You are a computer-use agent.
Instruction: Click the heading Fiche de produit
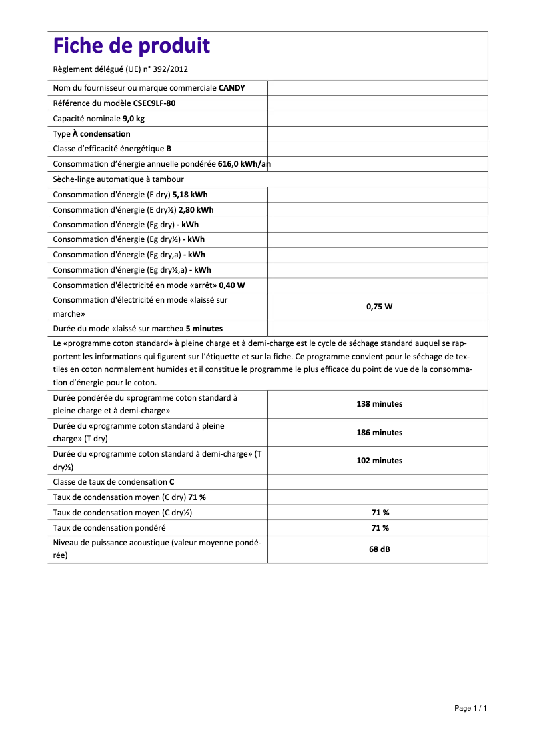(131, 46)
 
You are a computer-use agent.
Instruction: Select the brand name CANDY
(231, 88)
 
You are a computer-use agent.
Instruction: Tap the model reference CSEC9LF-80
(155, 103)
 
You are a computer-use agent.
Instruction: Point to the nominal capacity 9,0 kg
(133, 119)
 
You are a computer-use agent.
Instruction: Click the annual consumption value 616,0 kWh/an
(244, 164)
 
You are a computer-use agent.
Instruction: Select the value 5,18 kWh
(190, 195)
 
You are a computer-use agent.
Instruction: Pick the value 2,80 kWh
(196, 209)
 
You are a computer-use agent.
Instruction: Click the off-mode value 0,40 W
(232, 285)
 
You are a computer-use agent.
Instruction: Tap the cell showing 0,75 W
(379, 307)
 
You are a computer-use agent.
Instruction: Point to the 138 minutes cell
(379, 404)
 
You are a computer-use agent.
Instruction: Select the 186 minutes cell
(379, 433)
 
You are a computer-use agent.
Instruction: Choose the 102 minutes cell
(379, 461)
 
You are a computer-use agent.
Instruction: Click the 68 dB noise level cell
(379, 550)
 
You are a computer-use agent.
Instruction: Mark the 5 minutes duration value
(204, 329)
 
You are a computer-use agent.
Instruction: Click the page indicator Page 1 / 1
(470, 708)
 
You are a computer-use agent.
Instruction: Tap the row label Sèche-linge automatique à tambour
(118, 179)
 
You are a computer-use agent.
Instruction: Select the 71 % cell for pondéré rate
(380, 527)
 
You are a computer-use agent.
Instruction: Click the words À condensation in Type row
(101, 134)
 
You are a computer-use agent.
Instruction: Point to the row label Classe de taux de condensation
(110, 481)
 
